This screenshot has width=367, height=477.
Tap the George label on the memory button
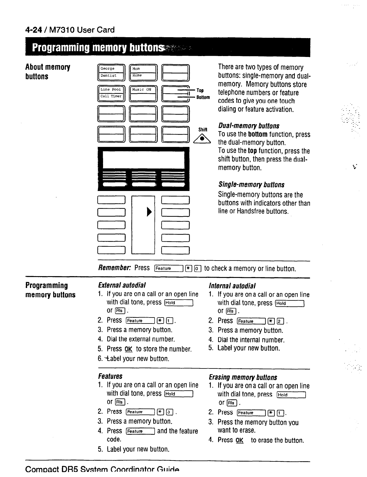pyautogui.click(x=107, y=69)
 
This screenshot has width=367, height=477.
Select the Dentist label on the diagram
pyautogui.click(x=108, y=76)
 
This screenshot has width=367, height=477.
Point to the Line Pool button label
pyautogui.click(x=111, y=89)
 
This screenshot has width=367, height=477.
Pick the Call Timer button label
pyautogui.click(x=111, y=96)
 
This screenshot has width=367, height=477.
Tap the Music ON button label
pyautogui.click(x=142, y=89)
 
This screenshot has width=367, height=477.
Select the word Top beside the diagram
pyautogui.click(x=200, y=90)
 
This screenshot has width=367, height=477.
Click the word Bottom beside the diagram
pyautogui.click(x=203, y=97)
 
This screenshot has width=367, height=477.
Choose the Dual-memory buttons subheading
pyautogui.click(x=249, y=126)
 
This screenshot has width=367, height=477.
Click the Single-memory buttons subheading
pyautogui.click(x=251, y=185)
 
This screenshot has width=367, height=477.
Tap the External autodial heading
pyautogui.click(x=122, y=285)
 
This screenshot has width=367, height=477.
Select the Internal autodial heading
pyautogui.click(x=232, y=286)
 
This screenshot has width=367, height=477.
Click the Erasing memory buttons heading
pyautogui.click(x=243, y=377)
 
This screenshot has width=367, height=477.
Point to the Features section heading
pyautogui.click(x=110, y=376)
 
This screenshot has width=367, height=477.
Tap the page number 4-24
pyautogui.click(x=34, y=30)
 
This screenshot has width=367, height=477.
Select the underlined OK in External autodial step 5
pyautogui.click(x=128, y=349)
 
